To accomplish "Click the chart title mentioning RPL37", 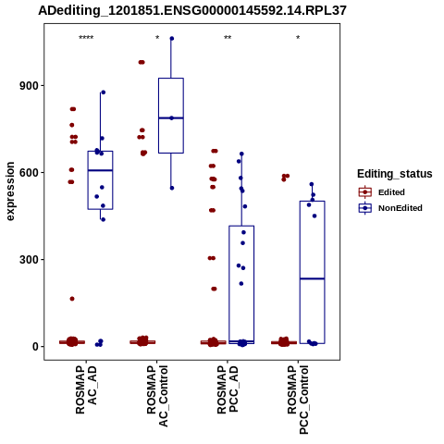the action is tap(192, 11).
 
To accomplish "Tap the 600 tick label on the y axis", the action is tap(30, 173).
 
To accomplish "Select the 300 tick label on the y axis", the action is tap(30, 260).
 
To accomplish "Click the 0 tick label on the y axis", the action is tap(36, 347).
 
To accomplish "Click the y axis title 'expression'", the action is tap(10, 191).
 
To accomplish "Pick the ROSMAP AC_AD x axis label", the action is tap(86, 389).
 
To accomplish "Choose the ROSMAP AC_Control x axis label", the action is tap(157, 396).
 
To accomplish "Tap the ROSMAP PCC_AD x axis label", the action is tap(228, 389).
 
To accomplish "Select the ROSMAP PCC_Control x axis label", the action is tap(298, 400).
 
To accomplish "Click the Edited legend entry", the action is tap(382, 192).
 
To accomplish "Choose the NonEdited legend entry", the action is tap(390, 208).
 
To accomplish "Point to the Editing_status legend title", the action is tap(395, 174).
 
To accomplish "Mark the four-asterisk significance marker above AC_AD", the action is tap(86, 38).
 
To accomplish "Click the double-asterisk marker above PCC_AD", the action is tap(228, 38).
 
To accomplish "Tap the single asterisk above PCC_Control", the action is tap(298, 38).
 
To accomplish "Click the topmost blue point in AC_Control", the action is tap(172, 39).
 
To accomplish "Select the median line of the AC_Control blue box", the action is tap(171, 117).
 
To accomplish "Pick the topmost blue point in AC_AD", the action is tap(104, 92).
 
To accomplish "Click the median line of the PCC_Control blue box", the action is tap(312, 278).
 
